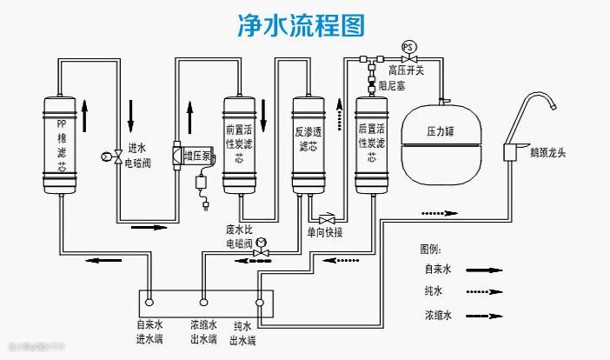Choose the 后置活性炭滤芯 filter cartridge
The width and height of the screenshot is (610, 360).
coord(371,144)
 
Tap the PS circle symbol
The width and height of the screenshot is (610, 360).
coord(408,45)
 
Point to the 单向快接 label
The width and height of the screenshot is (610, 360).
coord(326,232)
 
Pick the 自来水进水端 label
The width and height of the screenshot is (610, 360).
coord(149,334)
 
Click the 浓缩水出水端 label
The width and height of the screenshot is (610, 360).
coord(204,334)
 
